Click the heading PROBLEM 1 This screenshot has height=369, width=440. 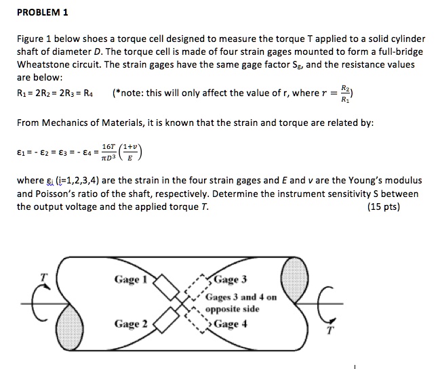click(x=41, y=13)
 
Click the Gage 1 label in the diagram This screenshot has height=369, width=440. click(x=131, y=279)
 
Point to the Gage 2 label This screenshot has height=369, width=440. click(x=131, y=323)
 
